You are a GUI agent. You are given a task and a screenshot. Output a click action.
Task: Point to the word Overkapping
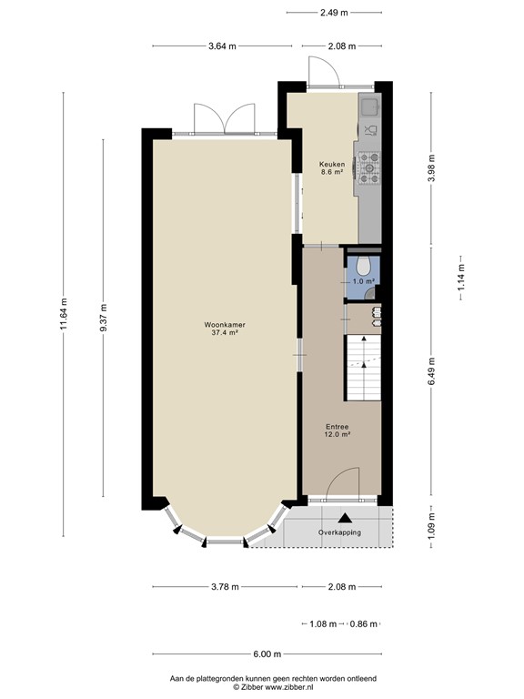(x=338, y=532)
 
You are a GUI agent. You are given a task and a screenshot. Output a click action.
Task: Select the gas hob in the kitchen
(x=369, y=167)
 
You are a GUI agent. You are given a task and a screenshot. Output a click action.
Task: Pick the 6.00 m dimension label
(x=266, y=653)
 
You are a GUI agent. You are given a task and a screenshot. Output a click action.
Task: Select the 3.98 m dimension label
(x=431, y=169)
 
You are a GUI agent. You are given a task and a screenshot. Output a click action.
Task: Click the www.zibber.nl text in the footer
(x=293, y=687)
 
